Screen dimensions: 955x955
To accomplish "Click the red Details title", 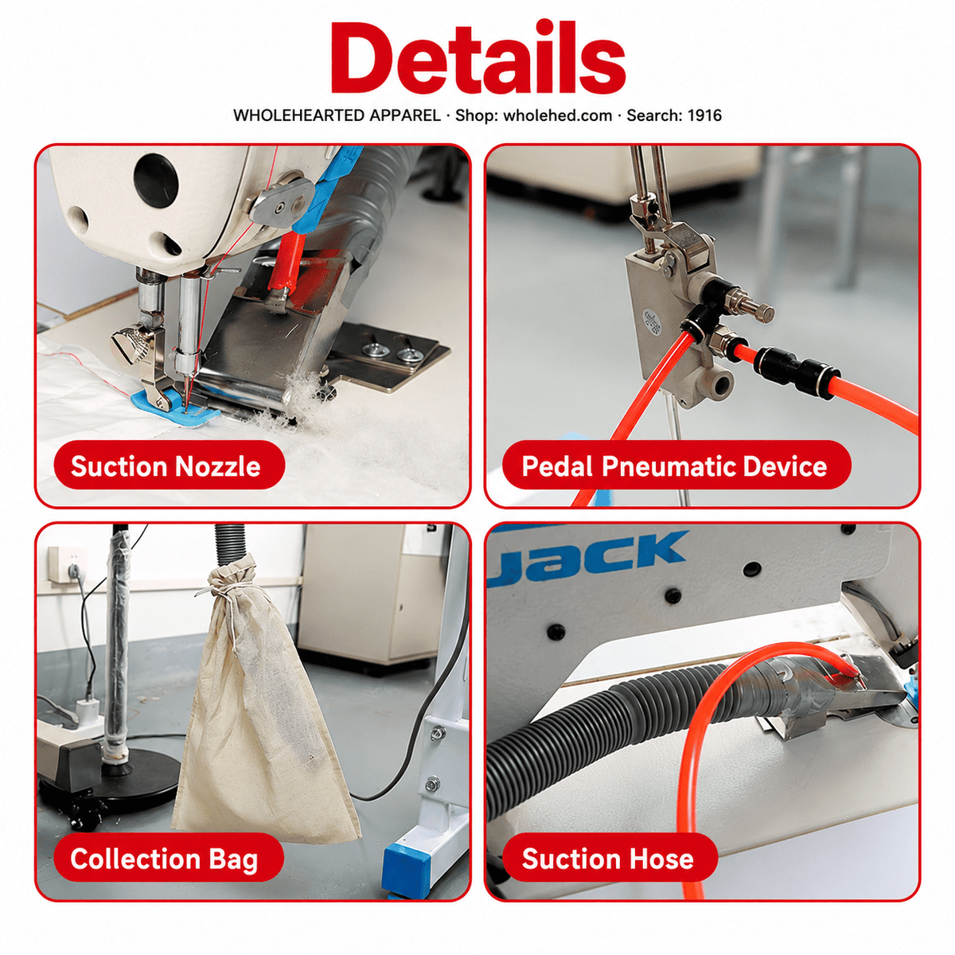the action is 477,58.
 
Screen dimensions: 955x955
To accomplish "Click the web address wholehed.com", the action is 558,115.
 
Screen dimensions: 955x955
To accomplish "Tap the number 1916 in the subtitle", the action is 704,115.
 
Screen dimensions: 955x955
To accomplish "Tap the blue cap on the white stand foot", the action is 404,865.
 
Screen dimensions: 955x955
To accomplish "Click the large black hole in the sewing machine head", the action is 156,178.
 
